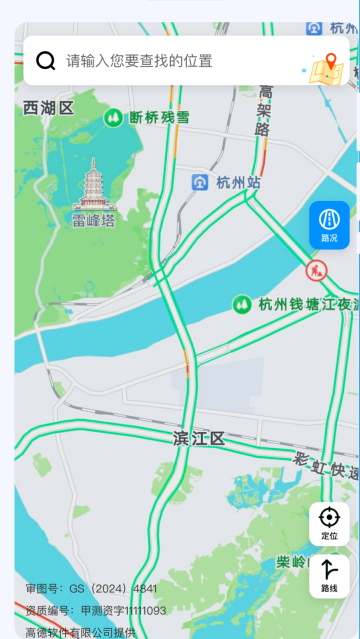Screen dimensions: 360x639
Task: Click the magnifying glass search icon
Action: pyautogui.click(x=45, y=61)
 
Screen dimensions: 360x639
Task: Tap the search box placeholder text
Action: pyautogui.click(x=139, y=61)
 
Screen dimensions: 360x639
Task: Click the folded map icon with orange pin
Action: pyautogui.click(x=326, y=67)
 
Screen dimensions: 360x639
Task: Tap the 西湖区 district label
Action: pyautogui.click(x=48, y=108)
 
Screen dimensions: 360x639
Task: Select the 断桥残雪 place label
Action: pyautogui.click(x=159, y=117)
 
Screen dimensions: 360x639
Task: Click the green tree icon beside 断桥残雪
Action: pyautogui.click(x=114, y=117)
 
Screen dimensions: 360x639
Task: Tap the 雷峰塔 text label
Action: pyautogui.click(x=94, y=220)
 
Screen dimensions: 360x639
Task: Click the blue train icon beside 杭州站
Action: pyautogui.click(x=200, y=182)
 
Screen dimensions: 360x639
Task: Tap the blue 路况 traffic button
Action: pyautogui.click(x=329, y=224)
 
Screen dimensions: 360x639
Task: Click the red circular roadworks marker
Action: pyautogui.click(x=316, y=269)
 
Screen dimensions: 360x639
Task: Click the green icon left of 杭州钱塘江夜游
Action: pyautogui.click(x=241, y=304)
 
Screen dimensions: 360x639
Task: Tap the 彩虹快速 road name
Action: pyautogui.click(x=326, y=465)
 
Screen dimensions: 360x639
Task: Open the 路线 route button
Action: pyautogui.click(x=329, y=576)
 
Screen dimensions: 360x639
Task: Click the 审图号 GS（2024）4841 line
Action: pyautogui.click(x=91, y=589)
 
